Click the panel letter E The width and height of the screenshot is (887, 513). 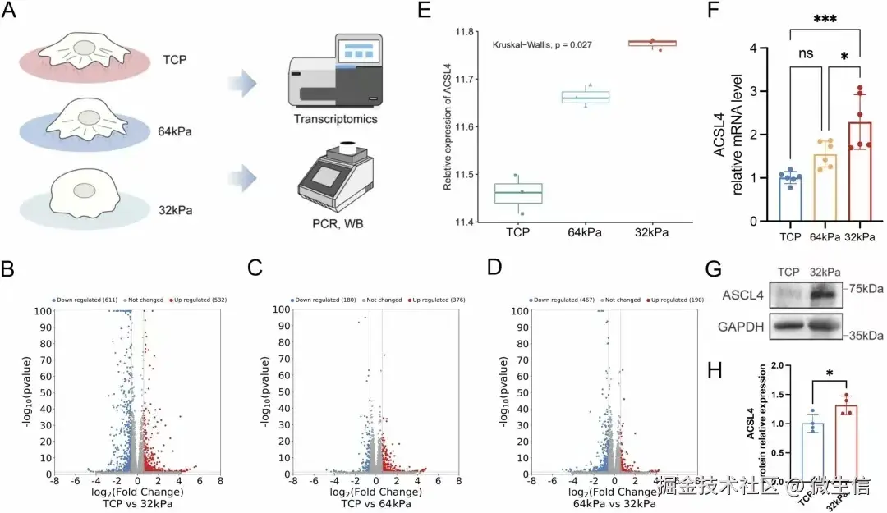click(424, 11)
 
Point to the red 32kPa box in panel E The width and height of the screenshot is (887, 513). click(651, 43)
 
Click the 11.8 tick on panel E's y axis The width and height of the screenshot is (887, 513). click(468, 32)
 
